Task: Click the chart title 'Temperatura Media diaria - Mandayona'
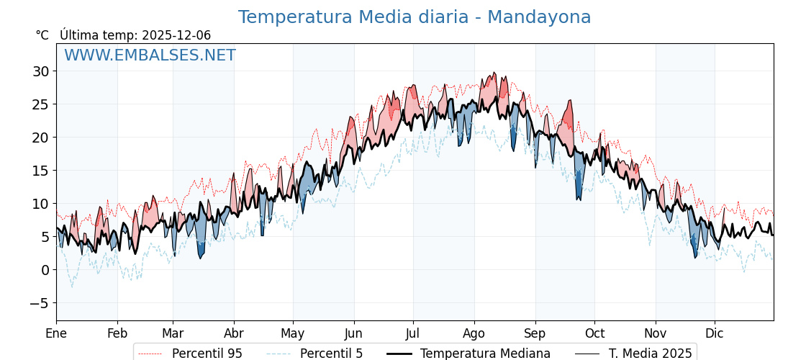pos(414,17)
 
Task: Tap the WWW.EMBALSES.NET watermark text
pos(150,55)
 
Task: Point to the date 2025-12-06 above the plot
pos(176,35)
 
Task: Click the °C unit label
pos(42,35)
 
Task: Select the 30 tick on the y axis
pos(40,71)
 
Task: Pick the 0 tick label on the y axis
pos(45,270)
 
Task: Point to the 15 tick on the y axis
pos(40,171)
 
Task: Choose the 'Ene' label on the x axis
pos(56,333)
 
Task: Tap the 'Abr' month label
pos(234,333)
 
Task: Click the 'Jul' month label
pos(413,333)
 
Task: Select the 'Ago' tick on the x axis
pos(474,333)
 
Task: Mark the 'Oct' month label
pos(594,333)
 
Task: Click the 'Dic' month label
pos(715,333)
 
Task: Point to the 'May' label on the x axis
pos(293,333)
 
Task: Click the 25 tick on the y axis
pos(40,104)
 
